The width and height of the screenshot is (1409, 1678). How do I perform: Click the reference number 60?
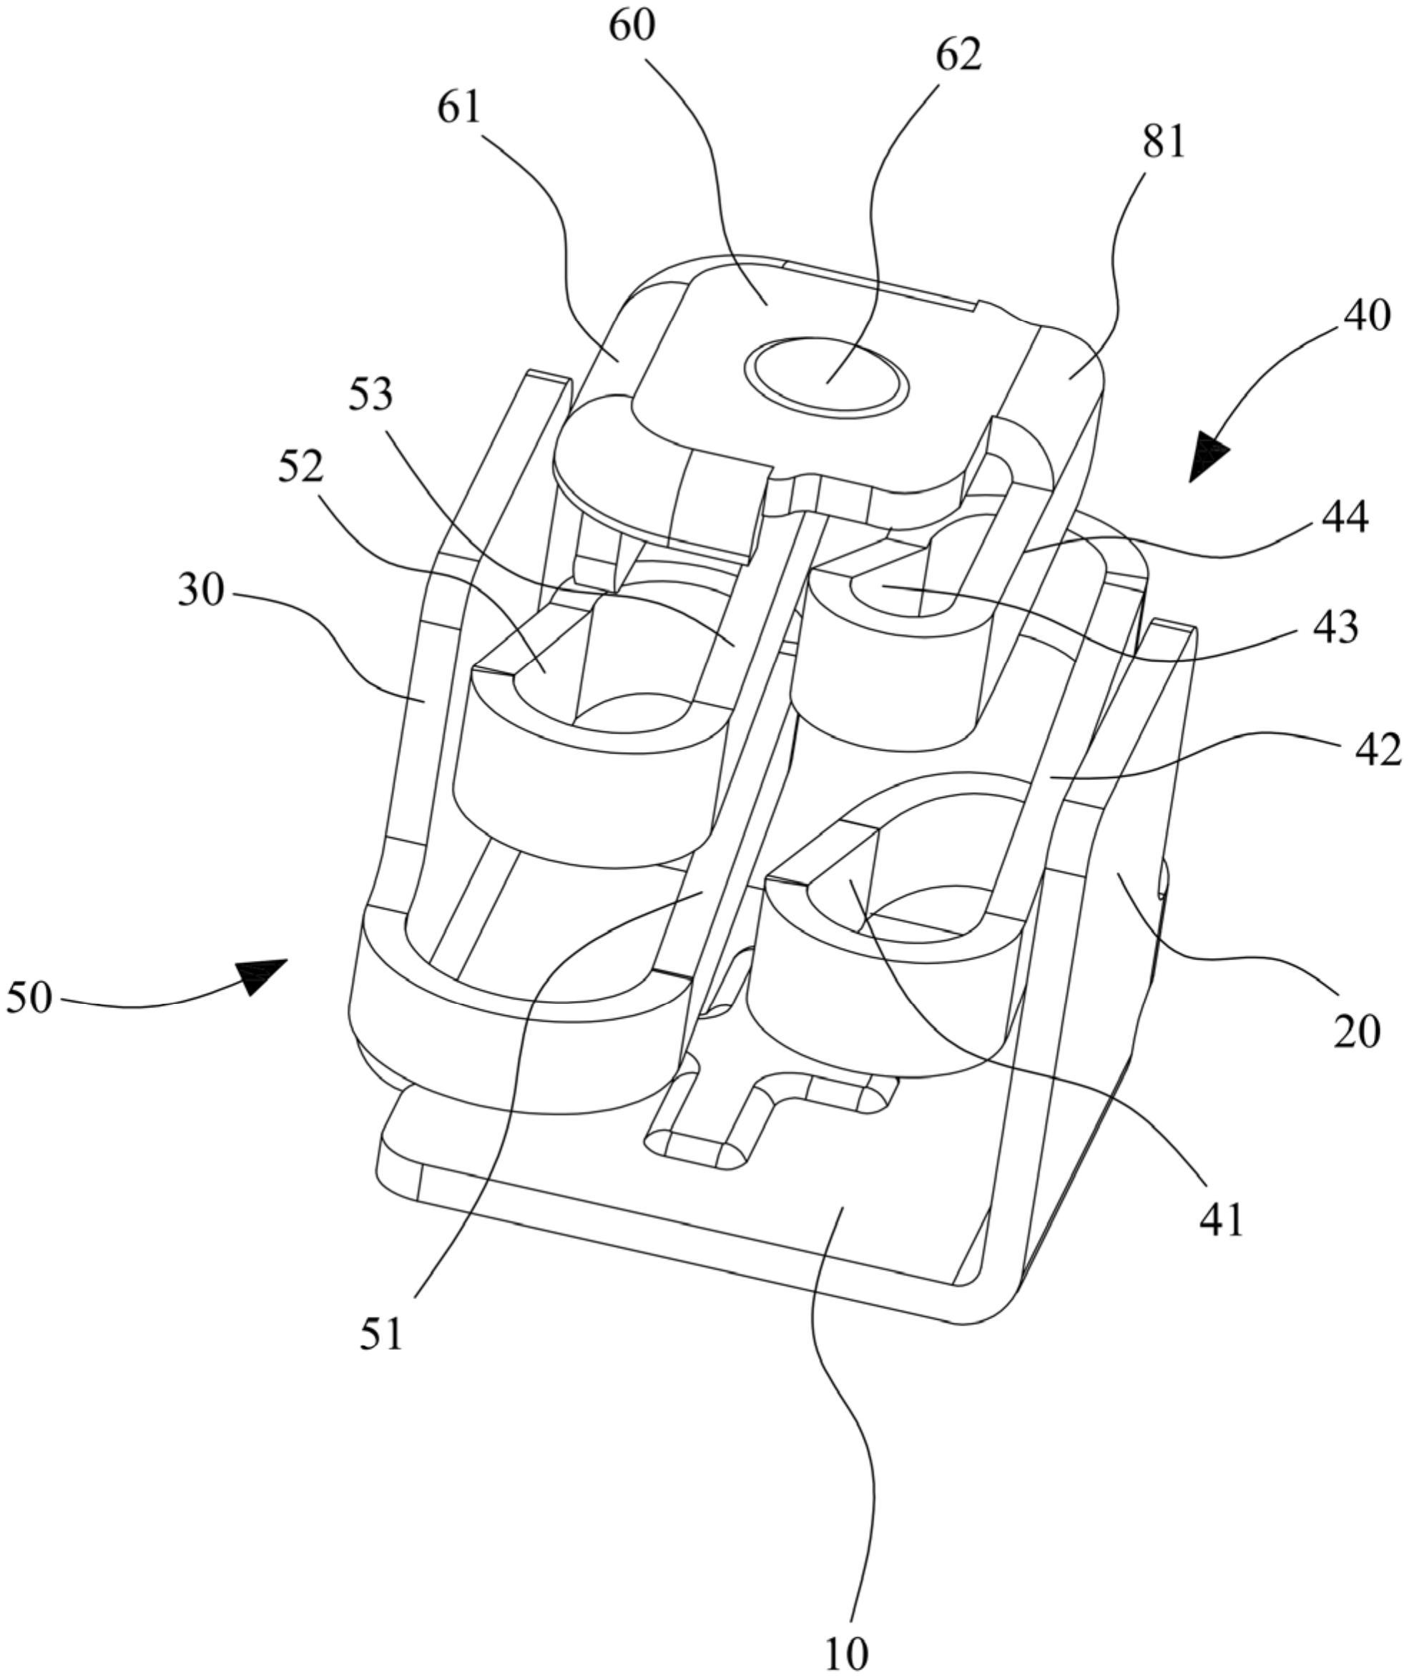pos(632,26)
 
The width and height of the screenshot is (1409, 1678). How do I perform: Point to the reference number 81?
pos(1164,143)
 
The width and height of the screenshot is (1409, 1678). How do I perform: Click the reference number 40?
pos(1367,317)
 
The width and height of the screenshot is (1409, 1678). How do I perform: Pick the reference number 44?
pos(1344,518)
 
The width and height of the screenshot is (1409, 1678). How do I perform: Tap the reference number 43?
pos(1334,627)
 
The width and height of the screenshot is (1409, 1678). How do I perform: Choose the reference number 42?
pos(1378,750)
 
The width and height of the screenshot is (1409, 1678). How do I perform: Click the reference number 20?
pos(1356,1032)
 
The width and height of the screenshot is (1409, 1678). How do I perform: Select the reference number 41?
pos(1221,1220)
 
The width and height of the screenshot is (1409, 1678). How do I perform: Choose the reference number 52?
pos(300,467)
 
